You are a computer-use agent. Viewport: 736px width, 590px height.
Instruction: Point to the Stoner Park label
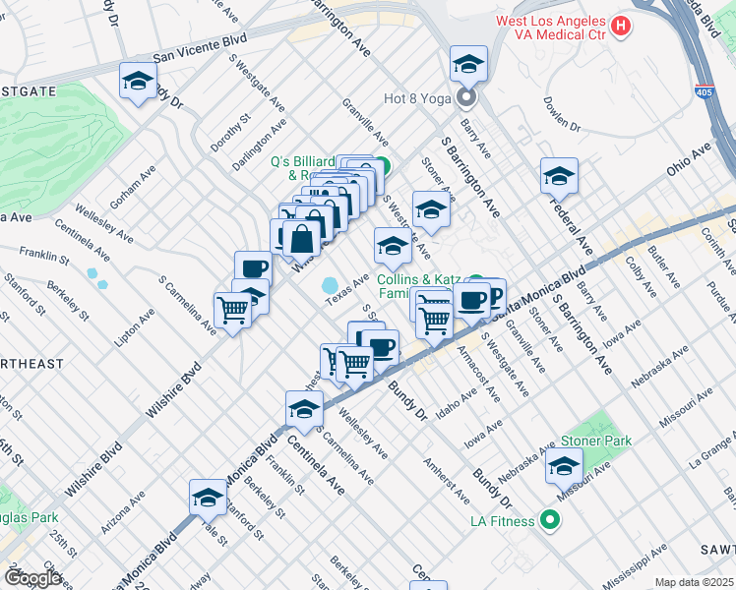point(596,442)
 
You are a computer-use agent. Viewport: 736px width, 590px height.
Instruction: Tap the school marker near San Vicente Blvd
point(138,81)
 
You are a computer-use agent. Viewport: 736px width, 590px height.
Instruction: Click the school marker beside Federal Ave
point(559,176)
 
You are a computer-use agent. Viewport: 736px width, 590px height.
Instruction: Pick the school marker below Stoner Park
point(564,467)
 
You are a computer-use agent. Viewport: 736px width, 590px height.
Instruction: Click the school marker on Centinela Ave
point(304,409)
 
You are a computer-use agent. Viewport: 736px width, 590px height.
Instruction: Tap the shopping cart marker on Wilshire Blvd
point(233,311)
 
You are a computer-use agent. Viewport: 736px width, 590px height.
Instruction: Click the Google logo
point(32,578)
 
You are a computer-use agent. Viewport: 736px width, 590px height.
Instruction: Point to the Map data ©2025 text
point(694,582)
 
